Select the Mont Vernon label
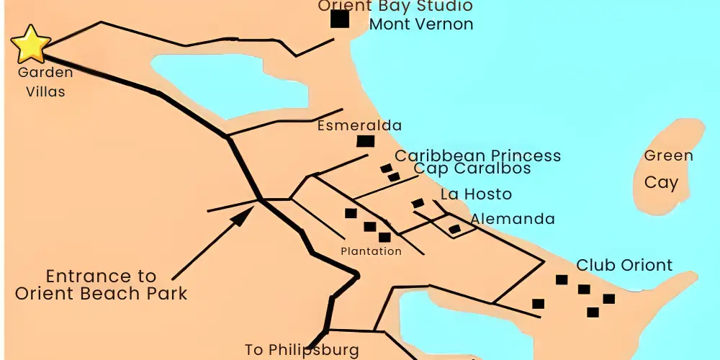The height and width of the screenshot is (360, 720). [x=421, y=24]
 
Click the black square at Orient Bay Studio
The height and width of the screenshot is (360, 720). [x=340, y=19]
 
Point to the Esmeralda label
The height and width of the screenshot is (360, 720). [x=359, y=125]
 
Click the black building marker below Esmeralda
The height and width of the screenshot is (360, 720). [x=366, y=141]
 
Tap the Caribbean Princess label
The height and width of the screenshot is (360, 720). [x=477, y=156]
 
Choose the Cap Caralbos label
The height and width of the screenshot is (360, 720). [x=472, y=168]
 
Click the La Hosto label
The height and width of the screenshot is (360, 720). [x=476, y=194]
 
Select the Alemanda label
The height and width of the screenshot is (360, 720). [x=513, y=219]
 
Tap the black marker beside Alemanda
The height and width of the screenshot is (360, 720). [x=454, y=229]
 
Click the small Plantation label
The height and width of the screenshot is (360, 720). [x=371, y=251]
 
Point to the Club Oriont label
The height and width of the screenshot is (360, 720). [x=624, y=265]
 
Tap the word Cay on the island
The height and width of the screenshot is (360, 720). [x=661, y=182]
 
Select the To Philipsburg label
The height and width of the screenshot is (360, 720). [x=302, y=351]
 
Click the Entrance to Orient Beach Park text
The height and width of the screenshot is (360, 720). [x=101, y=284]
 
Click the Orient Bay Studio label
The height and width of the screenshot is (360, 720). [x=395, y=6]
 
